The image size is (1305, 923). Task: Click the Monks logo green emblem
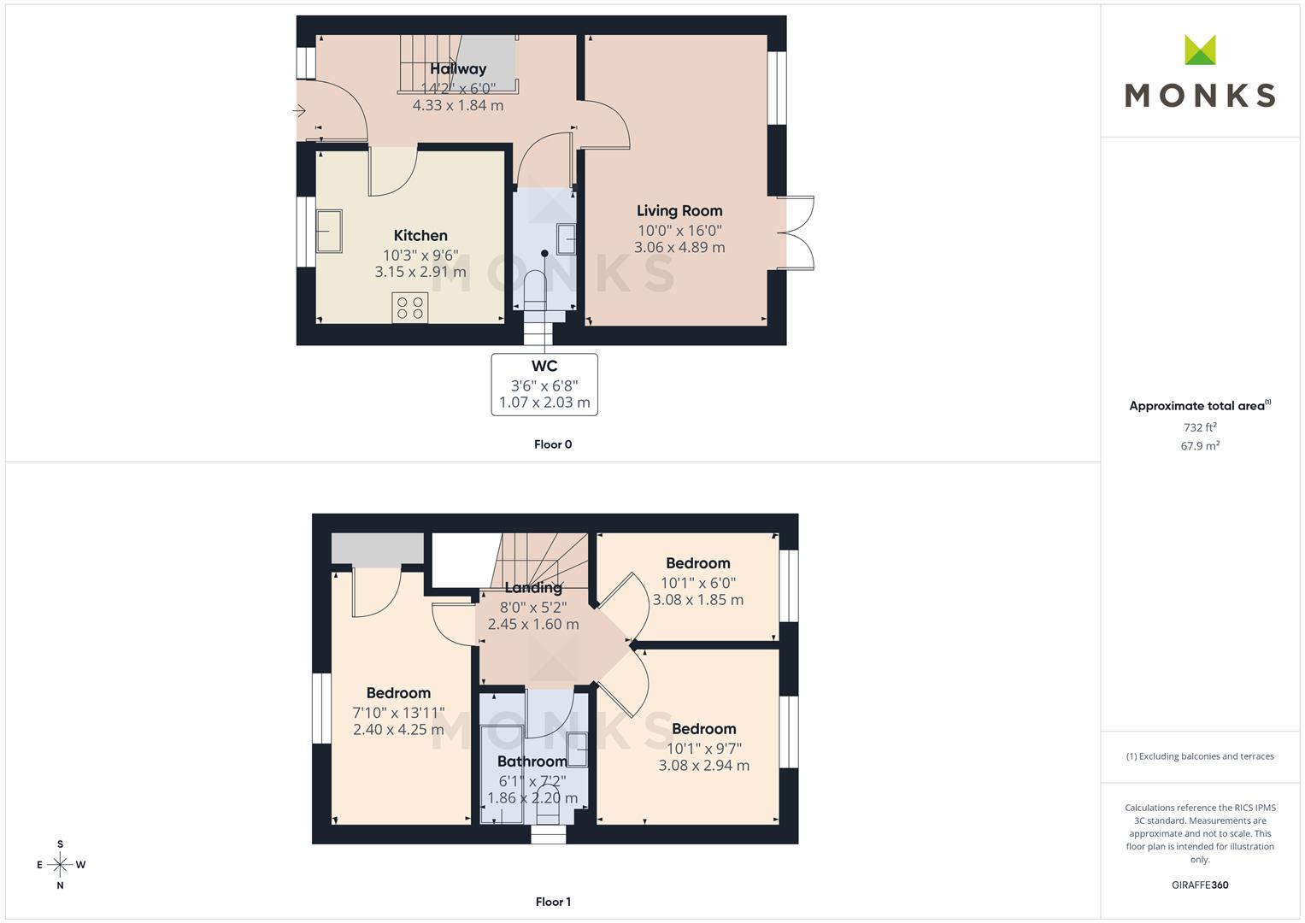tap(1200, 50)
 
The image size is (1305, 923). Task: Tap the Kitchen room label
tap(420, 235)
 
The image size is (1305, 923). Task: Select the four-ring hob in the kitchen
tap(409, 308)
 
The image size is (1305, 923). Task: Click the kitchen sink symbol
tap(328, 231)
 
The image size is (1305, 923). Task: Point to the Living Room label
tap(679, 211)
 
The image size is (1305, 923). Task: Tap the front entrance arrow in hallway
tap(299, 110)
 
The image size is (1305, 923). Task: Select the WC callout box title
tap(544, 366)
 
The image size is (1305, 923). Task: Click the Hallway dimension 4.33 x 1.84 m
tap(458, 105)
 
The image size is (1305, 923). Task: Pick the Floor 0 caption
tap(553, 444)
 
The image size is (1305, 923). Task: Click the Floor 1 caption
tap(553, 902)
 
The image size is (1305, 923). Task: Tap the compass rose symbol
tap(60, 865)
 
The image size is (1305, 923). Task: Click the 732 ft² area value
tap(1200, 427)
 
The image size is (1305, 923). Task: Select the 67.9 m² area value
tap(1200, 446)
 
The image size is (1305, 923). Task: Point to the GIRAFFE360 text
tap(1200, 885)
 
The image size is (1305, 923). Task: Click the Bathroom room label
tap(532, 761)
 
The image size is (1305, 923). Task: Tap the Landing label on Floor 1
tap(533, 588)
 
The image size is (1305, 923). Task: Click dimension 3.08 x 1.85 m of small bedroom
tap(698, 600)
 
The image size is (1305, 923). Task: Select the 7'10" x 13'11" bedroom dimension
tap(398, 713)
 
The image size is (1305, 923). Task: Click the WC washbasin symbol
tap(567, 239)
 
